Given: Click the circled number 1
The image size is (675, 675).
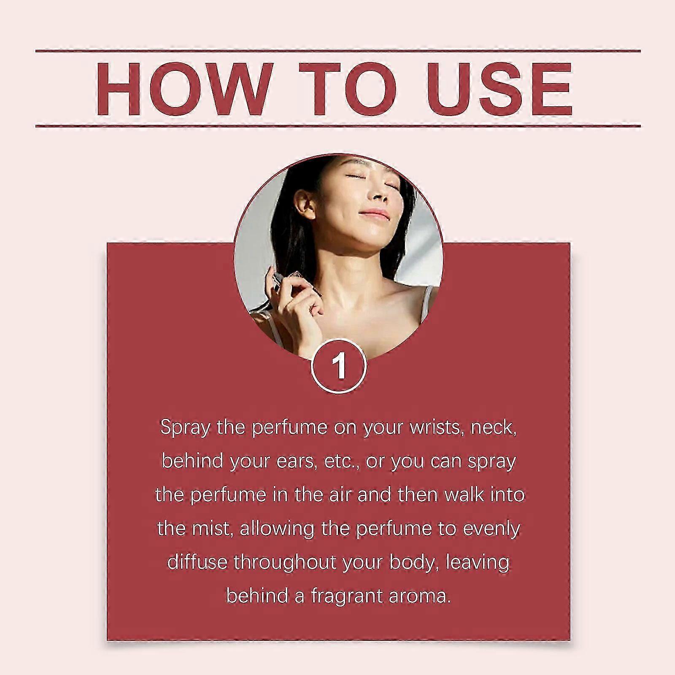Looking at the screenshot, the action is click(x=339, y=367).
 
